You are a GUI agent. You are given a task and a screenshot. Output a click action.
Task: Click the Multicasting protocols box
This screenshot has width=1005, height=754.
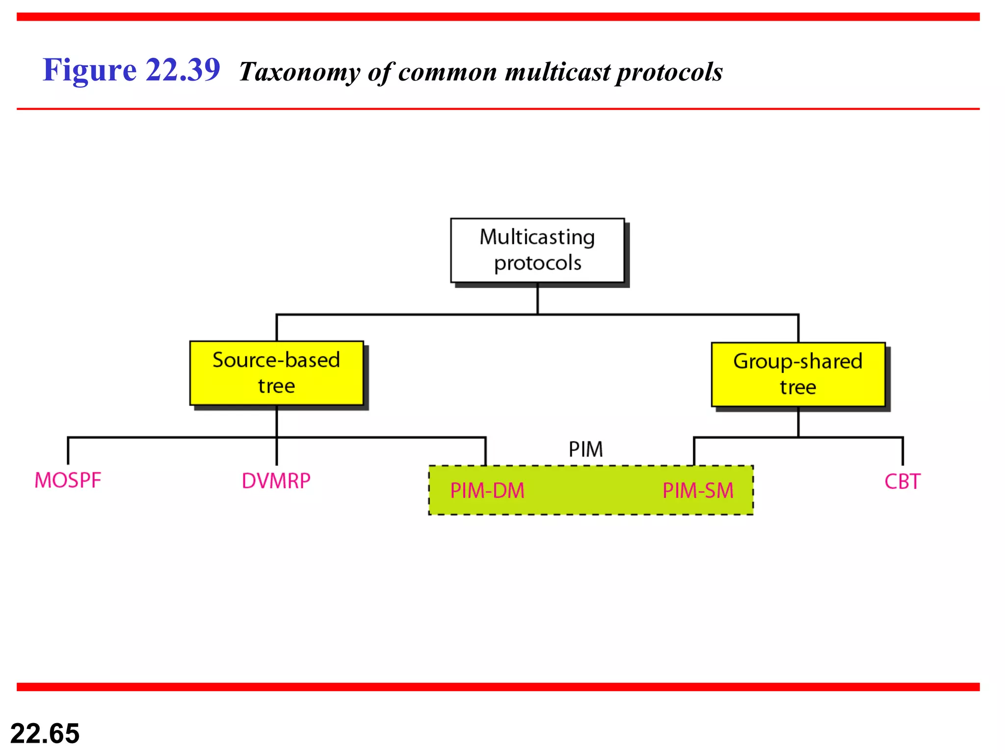click(537, 250)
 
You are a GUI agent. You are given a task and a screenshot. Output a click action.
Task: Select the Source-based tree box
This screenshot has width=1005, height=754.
click(277, 373)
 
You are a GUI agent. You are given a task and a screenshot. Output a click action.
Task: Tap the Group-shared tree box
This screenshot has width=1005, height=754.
click(798, 375)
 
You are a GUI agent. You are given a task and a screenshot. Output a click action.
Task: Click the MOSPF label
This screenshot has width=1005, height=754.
click(68, 481)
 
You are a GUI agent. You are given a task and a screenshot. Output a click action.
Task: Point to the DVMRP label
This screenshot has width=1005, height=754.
click(276, 481)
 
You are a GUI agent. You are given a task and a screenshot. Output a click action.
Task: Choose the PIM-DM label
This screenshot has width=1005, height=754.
click(487, 491)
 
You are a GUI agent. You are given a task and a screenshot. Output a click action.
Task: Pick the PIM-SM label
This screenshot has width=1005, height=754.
click(698, 491)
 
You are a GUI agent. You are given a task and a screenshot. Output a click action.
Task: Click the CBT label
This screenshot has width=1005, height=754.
click(902, 482)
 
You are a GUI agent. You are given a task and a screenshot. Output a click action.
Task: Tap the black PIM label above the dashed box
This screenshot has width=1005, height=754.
click(586, 449)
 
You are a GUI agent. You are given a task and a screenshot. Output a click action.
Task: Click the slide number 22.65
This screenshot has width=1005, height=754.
click(45, 733)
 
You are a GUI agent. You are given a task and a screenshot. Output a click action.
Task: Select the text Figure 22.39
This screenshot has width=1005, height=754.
click(132, 70)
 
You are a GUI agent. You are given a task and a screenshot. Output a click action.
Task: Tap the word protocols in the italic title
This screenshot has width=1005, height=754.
click(669, 72)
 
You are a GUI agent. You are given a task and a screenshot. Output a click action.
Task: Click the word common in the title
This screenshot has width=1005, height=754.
click(448, 72)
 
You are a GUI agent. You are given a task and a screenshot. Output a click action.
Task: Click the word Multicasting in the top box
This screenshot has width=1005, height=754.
click(537, 237)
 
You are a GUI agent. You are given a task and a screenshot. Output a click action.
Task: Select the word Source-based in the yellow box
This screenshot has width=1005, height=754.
click(276, 360)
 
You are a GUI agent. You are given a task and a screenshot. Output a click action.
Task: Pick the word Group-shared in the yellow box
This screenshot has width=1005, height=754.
click(798, 361)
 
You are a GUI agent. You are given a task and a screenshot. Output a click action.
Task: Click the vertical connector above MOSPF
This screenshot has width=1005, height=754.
click(68, 451)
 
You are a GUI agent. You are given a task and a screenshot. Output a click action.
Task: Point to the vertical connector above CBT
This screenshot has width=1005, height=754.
click(902, 451)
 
